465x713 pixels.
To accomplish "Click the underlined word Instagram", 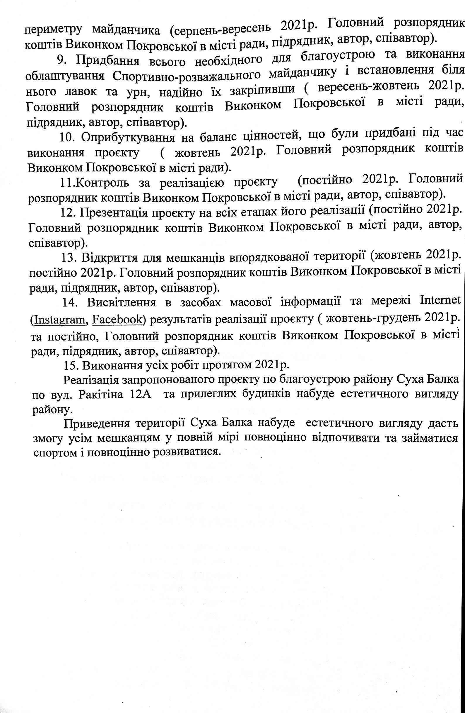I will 60,320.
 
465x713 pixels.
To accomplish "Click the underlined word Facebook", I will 117,320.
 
